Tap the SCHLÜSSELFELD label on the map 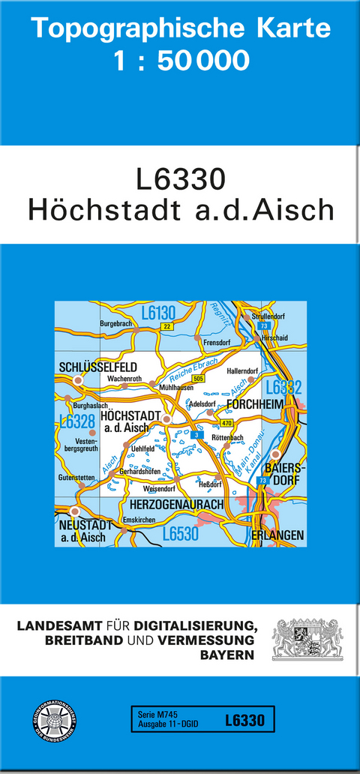97,367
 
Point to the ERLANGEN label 278,535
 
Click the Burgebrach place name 116,323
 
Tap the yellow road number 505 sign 198,379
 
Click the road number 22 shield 166,326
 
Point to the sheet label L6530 180,534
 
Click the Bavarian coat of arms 307,638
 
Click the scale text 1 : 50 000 180,60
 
